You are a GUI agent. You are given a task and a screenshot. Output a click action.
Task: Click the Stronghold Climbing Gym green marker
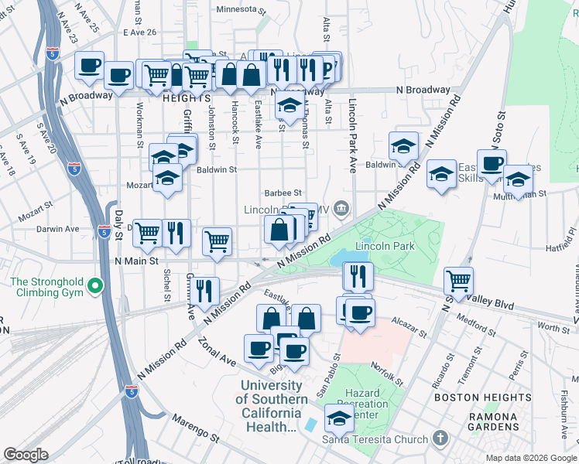point(95,287)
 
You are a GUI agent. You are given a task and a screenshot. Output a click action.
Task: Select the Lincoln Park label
point(385,247)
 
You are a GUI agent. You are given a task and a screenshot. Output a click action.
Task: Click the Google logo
point(26,455)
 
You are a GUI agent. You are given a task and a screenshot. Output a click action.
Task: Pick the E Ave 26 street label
point(139,32)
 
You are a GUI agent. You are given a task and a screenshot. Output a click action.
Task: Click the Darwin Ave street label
point(60,229)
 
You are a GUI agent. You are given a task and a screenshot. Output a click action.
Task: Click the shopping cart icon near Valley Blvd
point(459,280)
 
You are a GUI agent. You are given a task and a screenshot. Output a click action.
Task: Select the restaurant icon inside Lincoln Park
point(358,275)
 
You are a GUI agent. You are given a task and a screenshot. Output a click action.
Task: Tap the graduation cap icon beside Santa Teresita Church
point(339,418)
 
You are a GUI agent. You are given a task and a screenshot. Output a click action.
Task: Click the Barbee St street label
point(283,193)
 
